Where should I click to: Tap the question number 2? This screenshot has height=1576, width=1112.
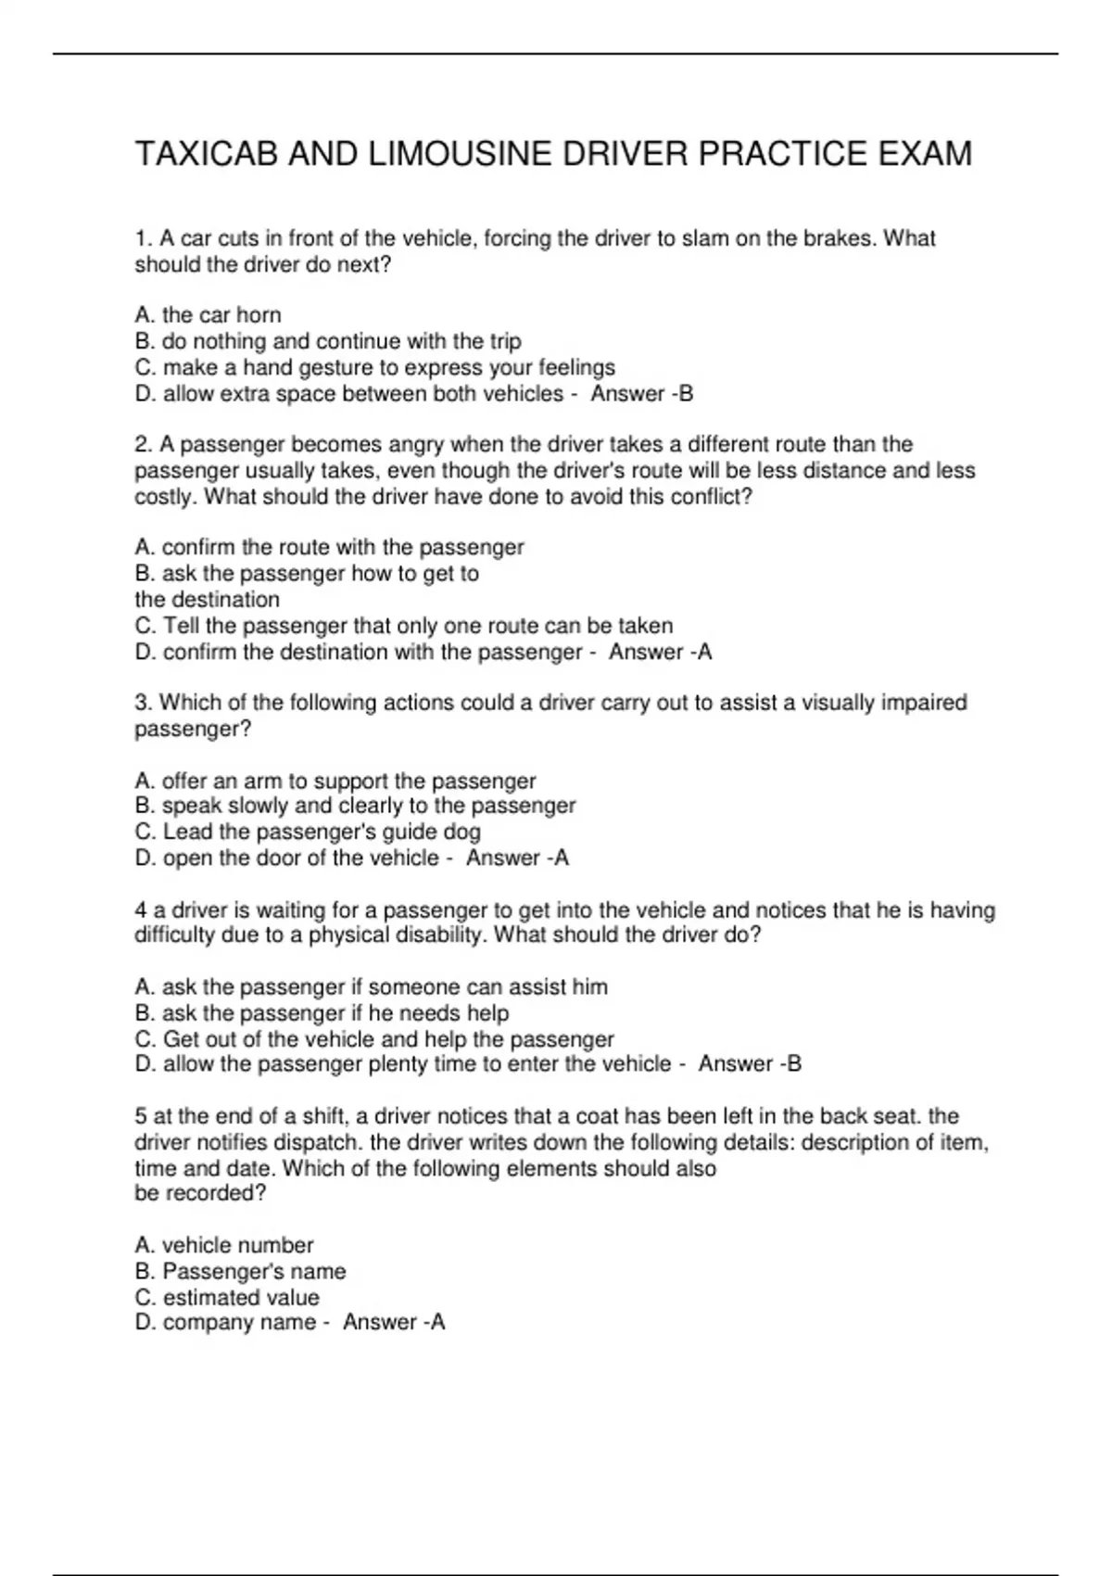(x=142, y=445)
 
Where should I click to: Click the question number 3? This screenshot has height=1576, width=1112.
(x=142, y=703)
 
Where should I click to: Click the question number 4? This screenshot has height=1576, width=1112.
(x=141, y=910)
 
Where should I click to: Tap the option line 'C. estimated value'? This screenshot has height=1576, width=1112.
(x=227, y=1297)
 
